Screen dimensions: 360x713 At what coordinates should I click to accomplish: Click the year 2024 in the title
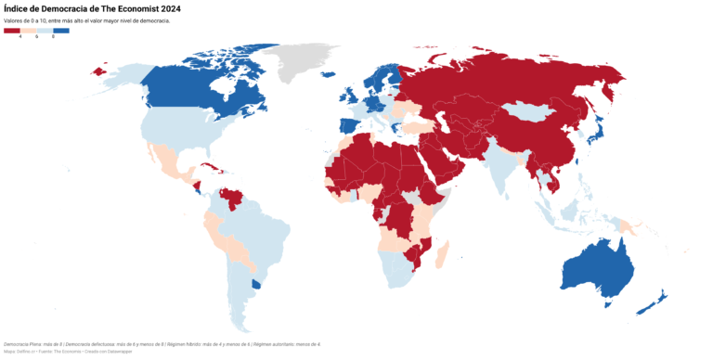[x=185, y=8]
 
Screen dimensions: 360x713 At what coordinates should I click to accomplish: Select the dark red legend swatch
[x=12, y=31]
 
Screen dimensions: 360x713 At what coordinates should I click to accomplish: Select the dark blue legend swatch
[x=61, y=31]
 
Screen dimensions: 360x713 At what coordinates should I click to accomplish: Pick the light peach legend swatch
[x=29, y=31]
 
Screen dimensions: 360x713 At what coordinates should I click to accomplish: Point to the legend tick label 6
[x=36, y=37]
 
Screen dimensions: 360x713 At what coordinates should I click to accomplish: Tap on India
[x=501, y=162]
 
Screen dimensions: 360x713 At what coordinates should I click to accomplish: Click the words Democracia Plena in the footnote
[x=20, y=344]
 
